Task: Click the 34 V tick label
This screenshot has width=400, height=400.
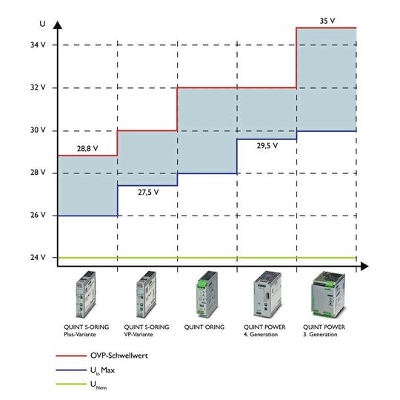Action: (38, 45)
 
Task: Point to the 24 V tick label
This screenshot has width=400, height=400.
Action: (38, 257)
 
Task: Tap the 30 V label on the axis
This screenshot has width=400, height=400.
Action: (38, 130)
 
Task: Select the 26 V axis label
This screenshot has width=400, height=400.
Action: (38, 215)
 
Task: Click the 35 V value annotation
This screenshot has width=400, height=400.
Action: (327, 21)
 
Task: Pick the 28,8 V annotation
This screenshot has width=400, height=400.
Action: (87, 148)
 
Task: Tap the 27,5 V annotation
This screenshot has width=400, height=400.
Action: (148, 192)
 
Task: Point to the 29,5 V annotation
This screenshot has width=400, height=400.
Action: (267, 146)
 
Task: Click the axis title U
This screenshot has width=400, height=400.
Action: (42, 24)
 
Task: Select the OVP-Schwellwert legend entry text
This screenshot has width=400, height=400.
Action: (119, 356)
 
